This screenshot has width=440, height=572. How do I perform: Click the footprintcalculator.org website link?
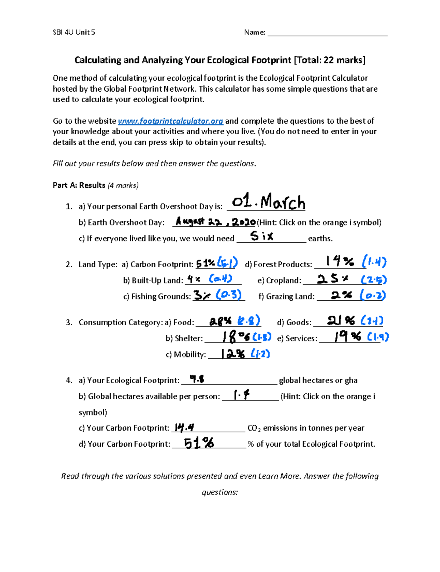click(x=170, y=121)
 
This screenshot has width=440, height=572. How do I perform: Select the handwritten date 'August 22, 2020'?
click(x=215, y=221)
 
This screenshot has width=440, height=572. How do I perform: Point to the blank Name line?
click(x=327, y=33)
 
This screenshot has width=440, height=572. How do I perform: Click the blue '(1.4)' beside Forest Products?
click(x=374, y=261)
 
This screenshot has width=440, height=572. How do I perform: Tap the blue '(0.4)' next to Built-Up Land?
click(x=221, y=279)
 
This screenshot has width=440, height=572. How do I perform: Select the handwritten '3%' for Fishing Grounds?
click(x=202, y=296)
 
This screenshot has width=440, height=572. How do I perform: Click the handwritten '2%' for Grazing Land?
click(x=341, y=295)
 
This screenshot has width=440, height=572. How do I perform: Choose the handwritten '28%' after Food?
click(x=221, y=321)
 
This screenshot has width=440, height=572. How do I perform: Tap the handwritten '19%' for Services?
click(x=347, y=337)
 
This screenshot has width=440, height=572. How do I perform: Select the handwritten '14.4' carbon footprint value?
click(x=184, y=427)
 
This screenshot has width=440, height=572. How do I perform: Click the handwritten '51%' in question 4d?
click(x=199, y=443)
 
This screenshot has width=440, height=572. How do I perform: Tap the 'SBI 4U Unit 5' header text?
click(x=74, y=32)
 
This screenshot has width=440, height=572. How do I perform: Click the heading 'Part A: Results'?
click(x=79, y=185)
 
